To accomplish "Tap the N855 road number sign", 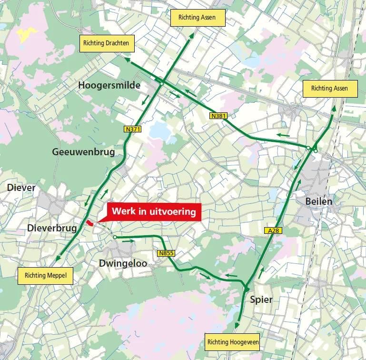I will pos(166,253).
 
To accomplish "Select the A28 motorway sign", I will pos(272,230).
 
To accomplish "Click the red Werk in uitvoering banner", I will pos(154,211).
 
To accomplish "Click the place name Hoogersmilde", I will pos(109,85).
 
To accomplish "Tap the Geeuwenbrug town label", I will pos(84,152).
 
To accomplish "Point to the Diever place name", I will pos(21,188).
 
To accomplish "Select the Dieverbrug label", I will pos(52,228).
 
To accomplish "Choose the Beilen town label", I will pos(319,201).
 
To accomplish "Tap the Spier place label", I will pos(261,299).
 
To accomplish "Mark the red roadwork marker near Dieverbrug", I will pos(90,223).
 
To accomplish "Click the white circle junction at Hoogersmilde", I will pos(162,84).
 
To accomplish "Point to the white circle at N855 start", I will pos(115,237).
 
